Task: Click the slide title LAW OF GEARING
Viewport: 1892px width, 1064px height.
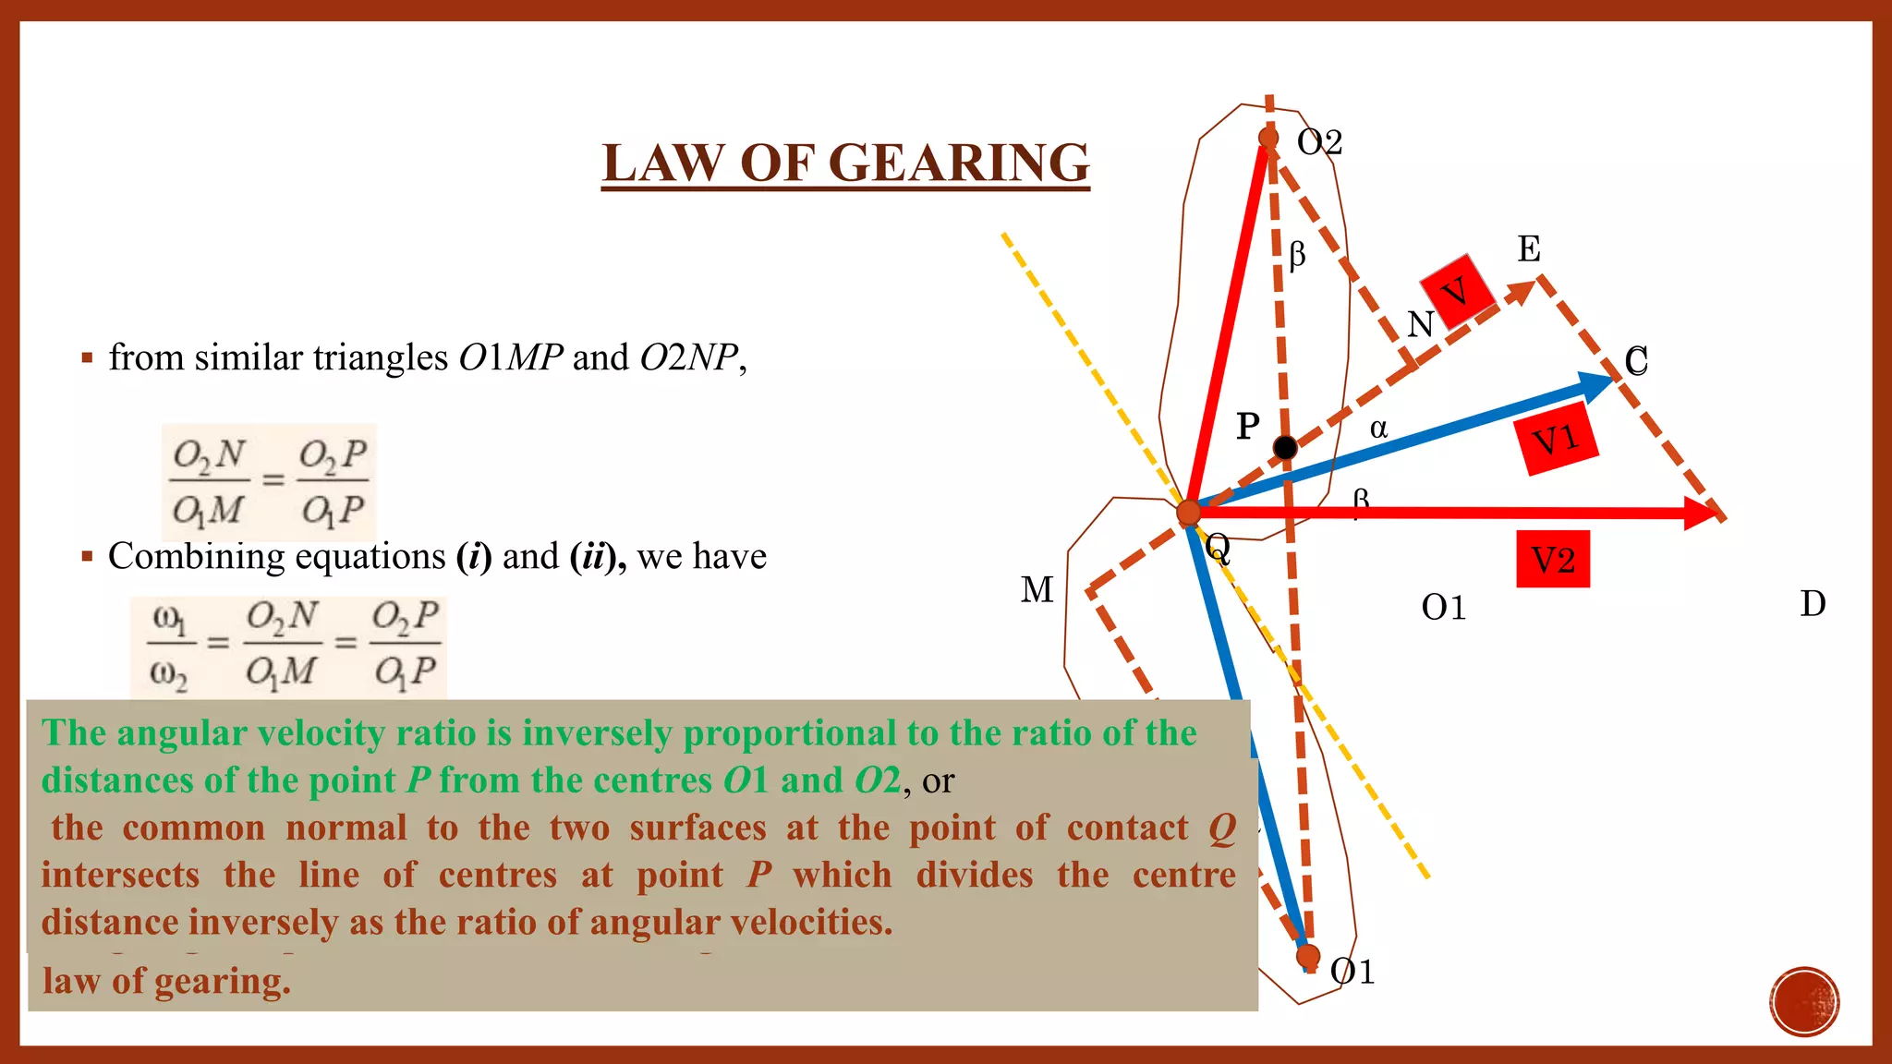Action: point(845,163)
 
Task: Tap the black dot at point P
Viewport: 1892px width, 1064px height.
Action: point(1285,448)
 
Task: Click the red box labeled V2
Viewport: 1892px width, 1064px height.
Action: point(1553,560)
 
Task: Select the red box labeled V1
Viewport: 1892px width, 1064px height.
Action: point(1558,441)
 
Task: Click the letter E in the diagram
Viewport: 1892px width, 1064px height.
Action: point(1529,249)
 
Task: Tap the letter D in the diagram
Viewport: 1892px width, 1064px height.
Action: point(1813,604)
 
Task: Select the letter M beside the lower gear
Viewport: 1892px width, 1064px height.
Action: point(1037,589)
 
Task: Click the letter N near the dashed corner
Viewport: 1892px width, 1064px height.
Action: point(1420,325)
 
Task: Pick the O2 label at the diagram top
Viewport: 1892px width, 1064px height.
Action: point(1319,142)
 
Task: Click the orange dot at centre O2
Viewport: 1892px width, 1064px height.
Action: point(1268,139)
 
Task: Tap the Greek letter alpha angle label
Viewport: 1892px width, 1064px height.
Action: point(1378,428)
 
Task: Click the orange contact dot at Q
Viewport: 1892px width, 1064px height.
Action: point(1188,512)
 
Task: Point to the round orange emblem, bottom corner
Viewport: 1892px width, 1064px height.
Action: point(1804,1001)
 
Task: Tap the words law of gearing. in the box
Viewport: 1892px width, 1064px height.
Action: point(166,981)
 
